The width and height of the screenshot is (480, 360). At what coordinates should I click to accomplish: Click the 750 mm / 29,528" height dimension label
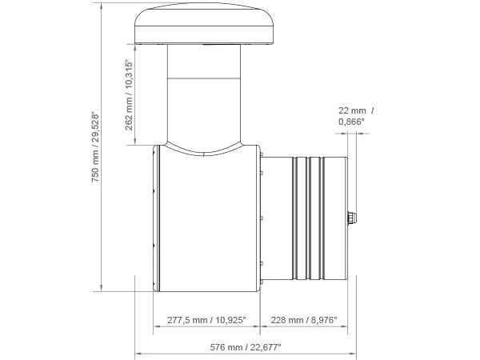coord(95,148)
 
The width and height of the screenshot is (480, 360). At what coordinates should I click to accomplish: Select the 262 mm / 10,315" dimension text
coord(129,95)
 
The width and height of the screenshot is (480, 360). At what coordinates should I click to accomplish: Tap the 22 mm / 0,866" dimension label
coord(356,116)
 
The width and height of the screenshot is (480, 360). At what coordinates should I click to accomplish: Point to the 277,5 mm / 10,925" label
coord(206,320)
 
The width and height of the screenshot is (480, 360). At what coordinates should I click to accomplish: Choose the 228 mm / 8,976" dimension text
coord(304,320)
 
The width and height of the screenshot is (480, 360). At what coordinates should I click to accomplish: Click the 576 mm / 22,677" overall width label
coord(246,347)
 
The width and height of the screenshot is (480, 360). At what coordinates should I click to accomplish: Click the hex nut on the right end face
coord(352,218)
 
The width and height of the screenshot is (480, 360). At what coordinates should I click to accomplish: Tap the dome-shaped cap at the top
coord(204,24)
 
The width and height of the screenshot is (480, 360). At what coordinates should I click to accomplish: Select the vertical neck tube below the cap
coord(204,95)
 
